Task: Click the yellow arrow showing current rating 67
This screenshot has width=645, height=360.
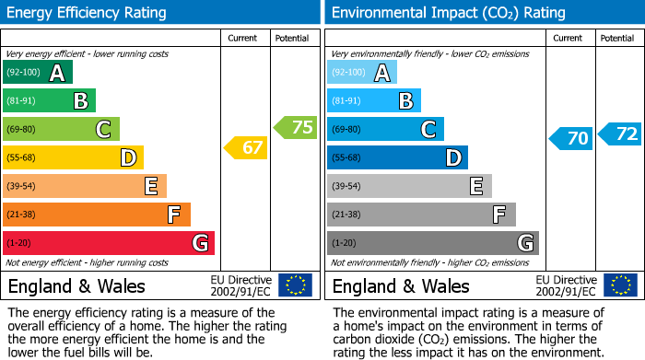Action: coord(246,147)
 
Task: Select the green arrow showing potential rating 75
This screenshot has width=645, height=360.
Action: coord(296,127)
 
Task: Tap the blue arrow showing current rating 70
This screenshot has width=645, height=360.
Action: coord(570,139)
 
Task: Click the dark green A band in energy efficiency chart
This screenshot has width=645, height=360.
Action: coord(38,73)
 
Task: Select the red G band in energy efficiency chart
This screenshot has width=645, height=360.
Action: coord(109,243)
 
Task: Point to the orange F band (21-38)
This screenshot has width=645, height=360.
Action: coord(97,215)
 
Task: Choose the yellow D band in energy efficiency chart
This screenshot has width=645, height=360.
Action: coord(73,157)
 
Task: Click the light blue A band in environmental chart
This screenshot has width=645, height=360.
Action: coord(362,73)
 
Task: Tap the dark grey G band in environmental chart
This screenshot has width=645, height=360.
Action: coord(433,243)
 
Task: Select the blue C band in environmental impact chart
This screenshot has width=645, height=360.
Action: coord(385,129)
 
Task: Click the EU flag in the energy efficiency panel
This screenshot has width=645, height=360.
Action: coord(295,285)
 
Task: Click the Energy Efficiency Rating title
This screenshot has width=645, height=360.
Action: coord(88,13)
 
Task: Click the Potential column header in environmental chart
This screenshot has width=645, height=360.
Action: coord(617,38)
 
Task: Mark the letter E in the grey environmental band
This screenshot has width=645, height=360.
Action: coord(475,186)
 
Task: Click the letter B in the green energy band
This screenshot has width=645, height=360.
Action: coord(80,101)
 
